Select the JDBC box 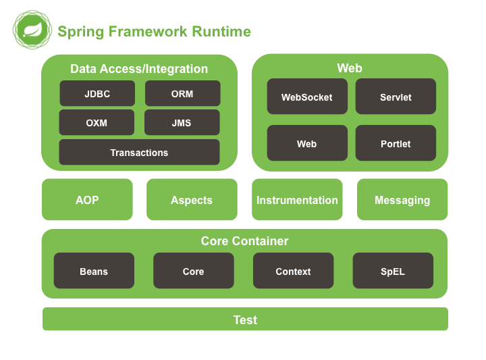(97, 94)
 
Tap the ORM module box (182, 94)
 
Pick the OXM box (97, 123)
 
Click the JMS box (182, 123)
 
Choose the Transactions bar (139, 153)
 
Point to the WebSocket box (307, 97)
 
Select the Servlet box (396, 97)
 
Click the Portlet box (396, 144)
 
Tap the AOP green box (87, 200)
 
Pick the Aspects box (192, 200)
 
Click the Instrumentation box (297, 200)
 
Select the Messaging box (402, 200)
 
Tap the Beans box (94, 272)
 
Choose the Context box (293, 272)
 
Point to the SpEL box (393, 272)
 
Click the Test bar (245, 319)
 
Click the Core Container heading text (244, 241)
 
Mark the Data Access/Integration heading (139, 69)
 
